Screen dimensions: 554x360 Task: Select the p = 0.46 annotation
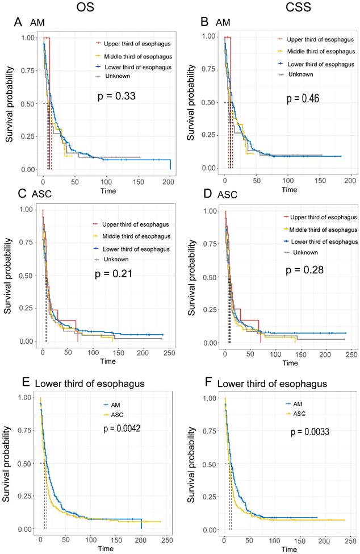coord(303,98)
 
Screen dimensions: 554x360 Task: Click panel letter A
coord(18,22)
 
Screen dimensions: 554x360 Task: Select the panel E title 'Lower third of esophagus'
coord(86,384)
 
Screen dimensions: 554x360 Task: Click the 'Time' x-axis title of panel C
coord(108,361)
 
